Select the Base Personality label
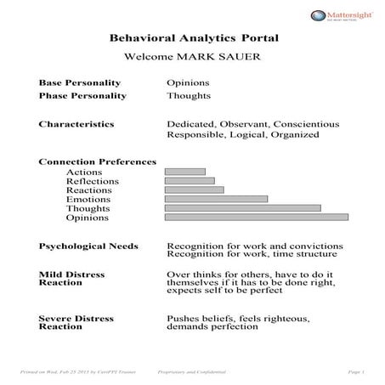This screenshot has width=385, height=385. pyautogui.click(x=80, y=82)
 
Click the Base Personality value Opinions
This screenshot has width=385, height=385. pyautogui.click(x=188, y=82)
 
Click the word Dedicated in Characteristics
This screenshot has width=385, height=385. pyautogui.click(x=191, y=124)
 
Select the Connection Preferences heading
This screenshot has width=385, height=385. pyautogui.click(x=98, y=161)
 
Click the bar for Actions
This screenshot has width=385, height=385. pyautogui.click(x=184, y=172)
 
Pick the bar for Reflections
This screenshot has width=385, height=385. pyautogui.click(x=189, y=180)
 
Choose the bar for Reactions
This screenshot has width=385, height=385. pyautogui.click(x=194, y=190)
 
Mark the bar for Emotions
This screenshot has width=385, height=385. pyautogui.click(x=216, y=199)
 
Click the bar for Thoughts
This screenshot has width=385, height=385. pyautogui.click(x=242, y=208)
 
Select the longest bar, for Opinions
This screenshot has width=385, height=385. pyautogui.click(x=256, y=217)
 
